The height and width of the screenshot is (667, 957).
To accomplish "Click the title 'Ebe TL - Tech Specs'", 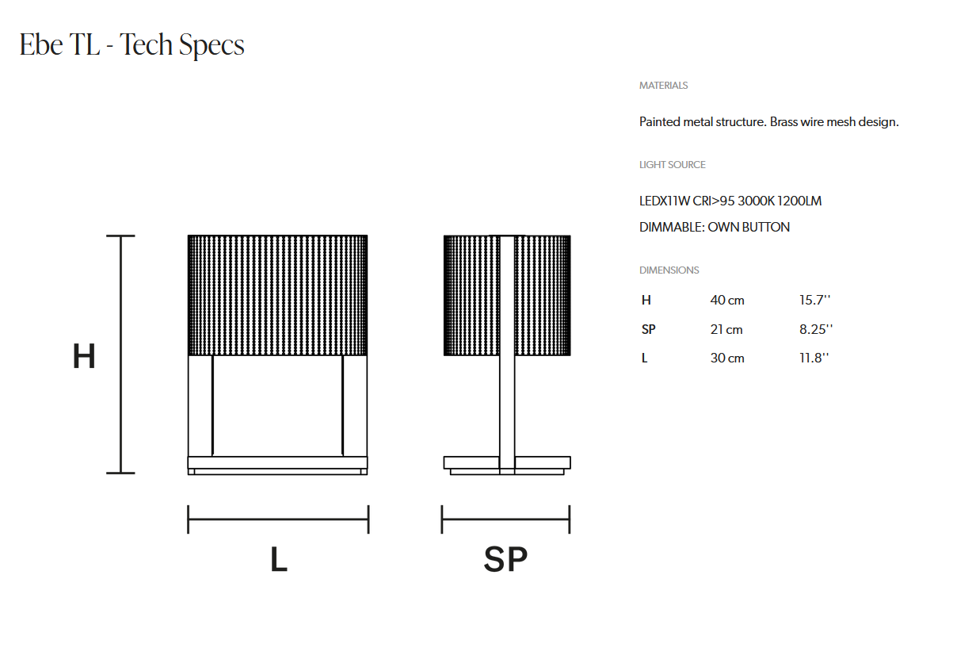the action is coord(132,45).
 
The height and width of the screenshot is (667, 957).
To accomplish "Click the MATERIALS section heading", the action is coord(663,86).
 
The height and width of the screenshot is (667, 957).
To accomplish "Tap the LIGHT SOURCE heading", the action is coord(672,165).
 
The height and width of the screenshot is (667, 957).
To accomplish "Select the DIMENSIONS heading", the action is coord(669,270).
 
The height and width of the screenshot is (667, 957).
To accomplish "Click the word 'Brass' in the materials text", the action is coord(784,122).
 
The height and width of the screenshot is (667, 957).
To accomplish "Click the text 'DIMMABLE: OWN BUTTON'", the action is coord(715,227).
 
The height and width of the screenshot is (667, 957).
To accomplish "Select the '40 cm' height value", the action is coord(727,301).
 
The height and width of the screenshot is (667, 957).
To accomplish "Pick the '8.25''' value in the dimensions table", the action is coord(816,329).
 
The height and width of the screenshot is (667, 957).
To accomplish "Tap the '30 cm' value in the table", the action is coord(727,358).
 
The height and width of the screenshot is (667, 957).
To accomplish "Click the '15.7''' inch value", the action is coord(814,300).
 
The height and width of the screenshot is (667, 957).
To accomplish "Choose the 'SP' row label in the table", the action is coord(649,329).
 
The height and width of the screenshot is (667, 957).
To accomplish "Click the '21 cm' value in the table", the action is coord(726,329).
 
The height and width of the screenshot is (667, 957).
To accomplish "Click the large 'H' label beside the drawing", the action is coord(84,356).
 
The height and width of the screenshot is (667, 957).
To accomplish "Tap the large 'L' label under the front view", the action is coord(279,559).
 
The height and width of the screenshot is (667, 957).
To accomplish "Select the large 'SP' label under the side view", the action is coord(505,559).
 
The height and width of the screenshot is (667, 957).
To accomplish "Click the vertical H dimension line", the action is coord(121,355).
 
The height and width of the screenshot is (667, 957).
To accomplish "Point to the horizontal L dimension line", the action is coord(278,519).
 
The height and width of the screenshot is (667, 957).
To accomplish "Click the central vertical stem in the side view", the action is coord(507,355).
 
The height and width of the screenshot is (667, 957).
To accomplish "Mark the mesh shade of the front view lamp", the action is coord(278,295).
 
